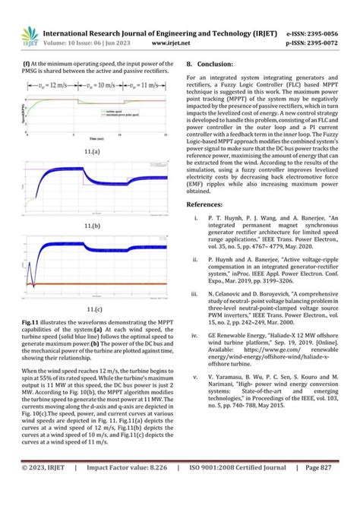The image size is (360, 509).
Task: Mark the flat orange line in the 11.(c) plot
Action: pos(106,285)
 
